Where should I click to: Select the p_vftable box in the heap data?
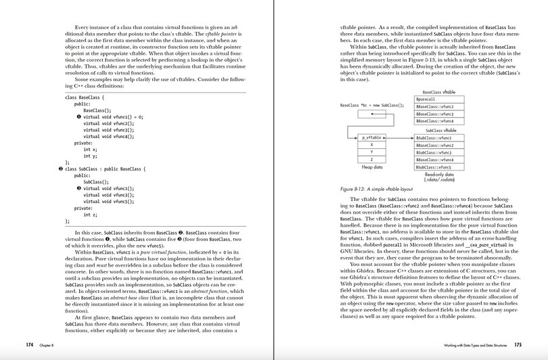pyautogui.click(x=371, y=137)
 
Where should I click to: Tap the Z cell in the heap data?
pyautogui.click(x=371, y=159)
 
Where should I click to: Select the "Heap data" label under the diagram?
pyautogui.click(x=371, y=167)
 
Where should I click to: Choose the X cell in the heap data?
pyautogui.click(x=371, y=145)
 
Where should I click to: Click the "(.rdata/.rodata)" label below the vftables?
pyautogui.click(x=438, y=179)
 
